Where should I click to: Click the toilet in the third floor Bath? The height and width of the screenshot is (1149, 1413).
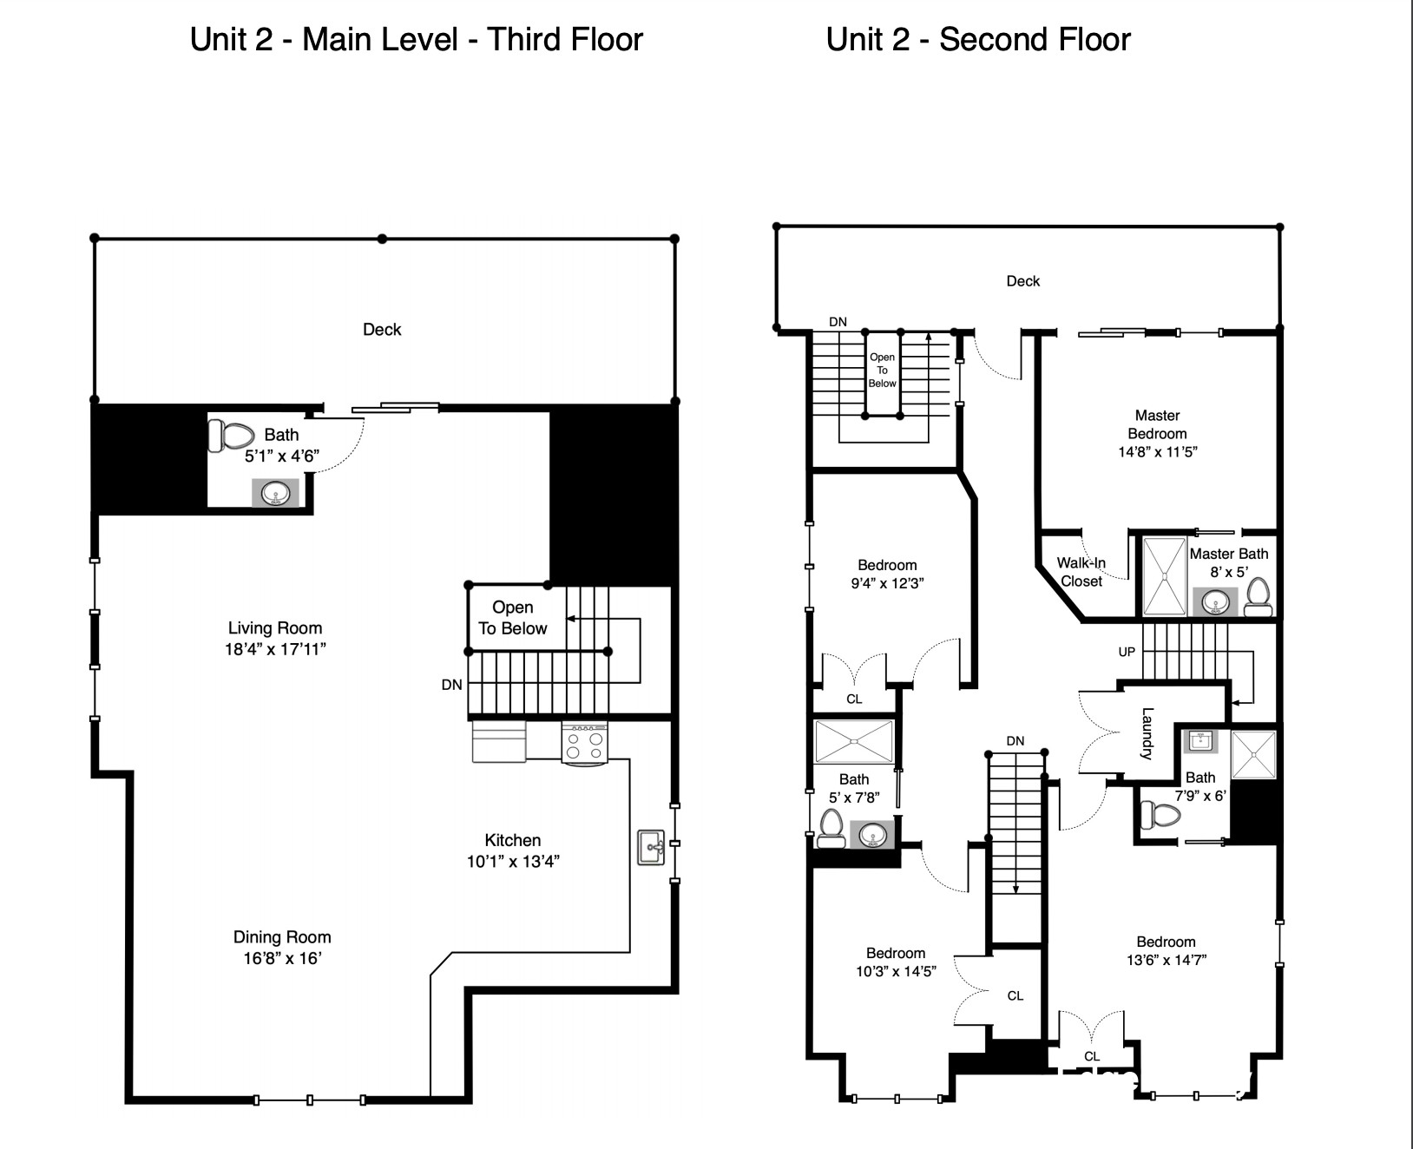pyautogui.click(x=231, y=436)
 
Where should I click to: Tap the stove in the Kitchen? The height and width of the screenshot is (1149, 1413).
pyautogui.click(x=584, y=744)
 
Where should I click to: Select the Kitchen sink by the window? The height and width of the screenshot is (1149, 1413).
pyautogui.click(x=650, y=847)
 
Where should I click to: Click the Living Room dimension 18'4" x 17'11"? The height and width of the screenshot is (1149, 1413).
pyautogui.click(x=274, y=649)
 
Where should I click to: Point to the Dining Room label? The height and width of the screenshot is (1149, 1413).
pyautogui.click(x=282, y=936)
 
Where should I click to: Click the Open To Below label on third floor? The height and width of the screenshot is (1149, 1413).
pyautogui.click(x=512, y=618)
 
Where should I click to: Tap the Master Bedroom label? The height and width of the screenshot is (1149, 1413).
pyautogui.click(x=1157, y=424)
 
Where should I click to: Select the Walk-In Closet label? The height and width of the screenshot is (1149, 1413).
pyautogui.click(x=1081, y=572)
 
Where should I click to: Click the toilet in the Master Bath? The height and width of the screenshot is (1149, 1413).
pyautogui.click(x=1258, y=597)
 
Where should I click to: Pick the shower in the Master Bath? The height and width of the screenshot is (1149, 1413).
pyautogui.click(x=1164, y=575)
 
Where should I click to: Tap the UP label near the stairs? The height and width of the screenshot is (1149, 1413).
pyautogui.click(x=1127, y=652)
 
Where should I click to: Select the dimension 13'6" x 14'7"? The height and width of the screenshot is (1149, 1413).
pyautogui.click(x=1166, y=960)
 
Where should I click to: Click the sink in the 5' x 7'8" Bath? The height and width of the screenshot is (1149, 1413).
pyautogui.click(x=871, y=835)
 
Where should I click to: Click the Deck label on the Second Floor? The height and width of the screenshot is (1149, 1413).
pyautogui.click(x=1022, y=281)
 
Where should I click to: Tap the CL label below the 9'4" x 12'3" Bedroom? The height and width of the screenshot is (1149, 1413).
pyautogui.click(x=854, y=699)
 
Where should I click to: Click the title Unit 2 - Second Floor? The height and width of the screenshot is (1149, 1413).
pyautogui.click(x=978, y=39)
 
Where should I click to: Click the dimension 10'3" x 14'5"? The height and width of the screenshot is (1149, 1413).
pyautogui.click(x=896, y=971)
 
